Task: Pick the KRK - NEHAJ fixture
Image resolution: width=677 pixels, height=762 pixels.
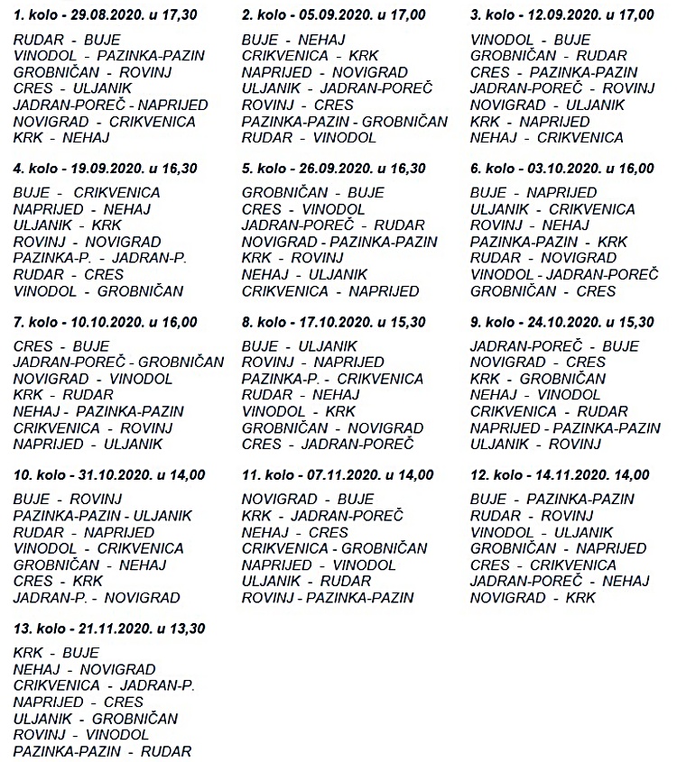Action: click(61, 137)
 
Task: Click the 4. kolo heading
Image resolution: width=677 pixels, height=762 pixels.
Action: click(105, 168)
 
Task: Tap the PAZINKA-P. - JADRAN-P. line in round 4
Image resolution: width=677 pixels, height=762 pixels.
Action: click(100, 258)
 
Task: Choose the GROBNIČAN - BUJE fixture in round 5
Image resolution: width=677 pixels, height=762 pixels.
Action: click(313, 193)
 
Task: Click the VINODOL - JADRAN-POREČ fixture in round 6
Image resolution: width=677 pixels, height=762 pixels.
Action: click(565, 274)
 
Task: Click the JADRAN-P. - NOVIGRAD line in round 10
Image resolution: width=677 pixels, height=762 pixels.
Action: click(97, 597)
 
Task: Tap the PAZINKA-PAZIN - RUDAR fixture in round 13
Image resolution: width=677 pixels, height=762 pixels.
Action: click(102, 750)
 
